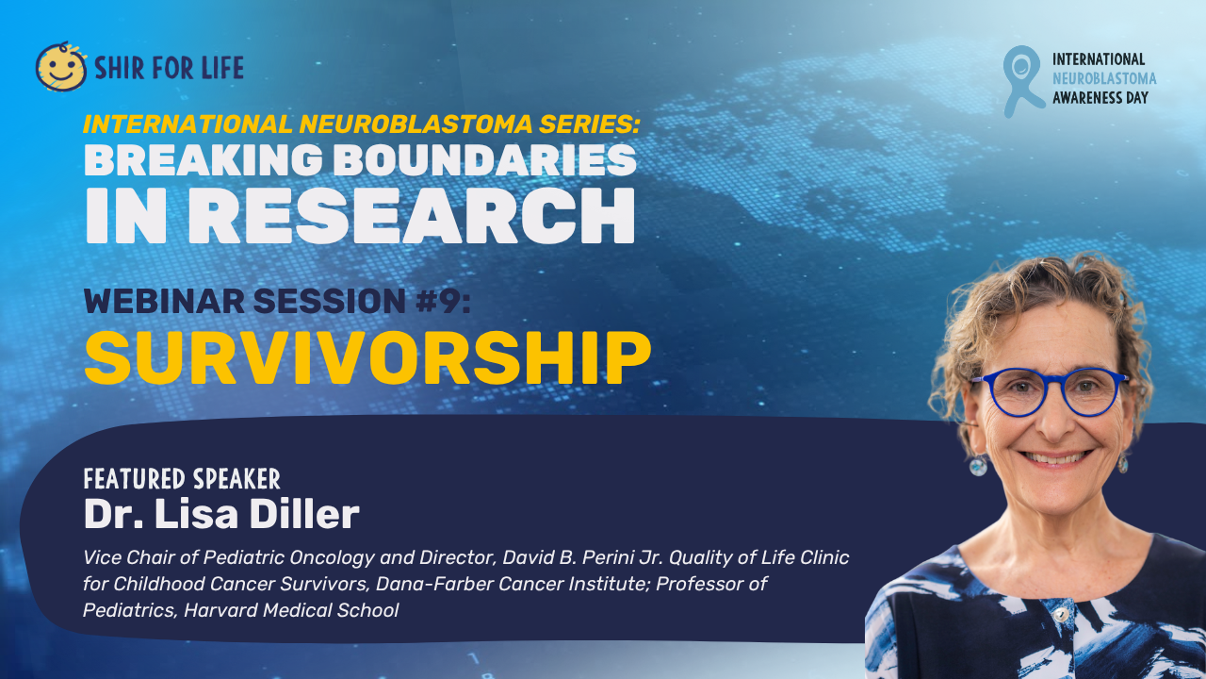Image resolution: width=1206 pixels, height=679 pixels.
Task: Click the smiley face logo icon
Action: pos(61,67)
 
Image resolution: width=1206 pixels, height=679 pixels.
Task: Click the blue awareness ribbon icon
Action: pos(1022,81)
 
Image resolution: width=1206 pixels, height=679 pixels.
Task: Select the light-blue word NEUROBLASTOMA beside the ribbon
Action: pos(1104,78)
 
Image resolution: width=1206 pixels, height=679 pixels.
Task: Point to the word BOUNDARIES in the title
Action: pos(488,160)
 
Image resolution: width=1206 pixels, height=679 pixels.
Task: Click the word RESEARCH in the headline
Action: pos(412,216)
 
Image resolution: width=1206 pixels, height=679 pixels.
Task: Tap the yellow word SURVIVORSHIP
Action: pos(367,357)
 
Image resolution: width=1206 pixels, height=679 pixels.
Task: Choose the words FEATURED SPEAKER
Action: pos(182,478)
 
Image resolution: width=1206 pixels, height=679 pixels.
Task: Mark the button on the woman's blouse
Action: pos(1060,614)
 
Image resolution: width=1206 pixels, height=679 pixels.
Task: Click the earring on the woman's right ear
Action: pos(978,465)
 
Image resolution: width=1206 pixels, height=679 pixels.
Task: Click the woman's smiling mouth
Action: pos(1054,457)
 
